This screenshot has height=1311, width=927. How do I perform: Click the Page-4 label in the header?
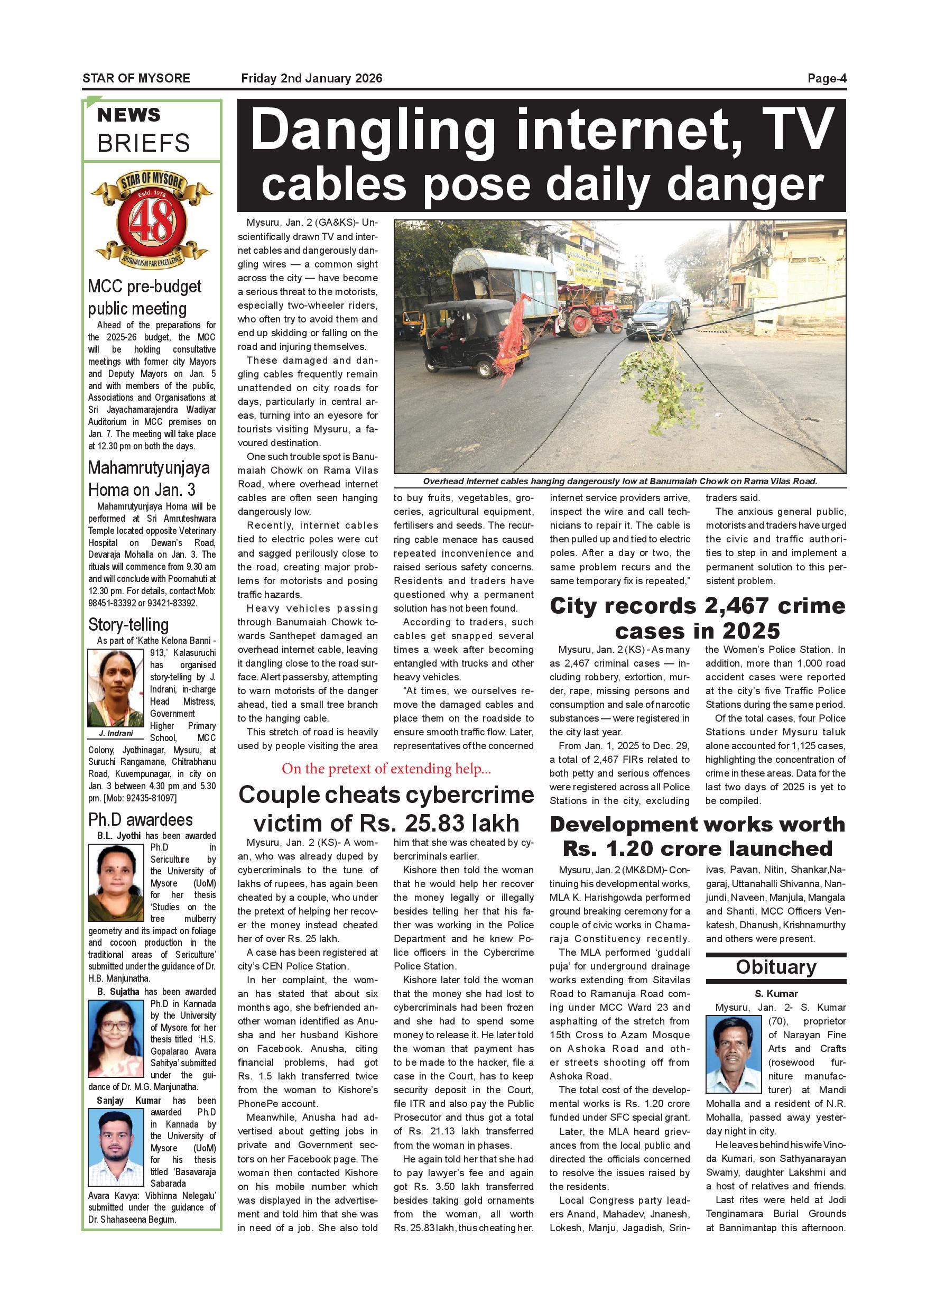826,78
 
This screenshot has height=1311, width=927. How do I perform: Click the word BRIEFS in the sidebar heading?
143,143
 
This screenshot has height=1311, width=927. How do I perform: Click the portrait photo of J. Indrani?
115,688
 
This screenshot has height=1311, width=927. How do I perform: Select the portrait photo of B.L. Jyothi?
116,883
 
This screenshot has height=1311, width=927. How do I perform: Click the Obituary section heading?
776,967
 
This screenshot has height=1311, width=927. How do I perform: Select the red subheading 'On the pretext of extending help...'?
386,769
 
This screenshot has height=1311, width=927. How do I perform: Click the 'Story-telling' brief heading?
128,624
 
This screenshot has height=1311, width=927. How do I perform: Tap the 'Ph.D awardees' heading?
141,819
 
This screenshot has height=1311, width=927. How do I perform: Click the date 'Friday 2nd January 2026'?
312,78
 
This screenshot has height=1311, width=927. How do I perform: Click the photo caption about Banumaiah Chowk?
620,482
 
